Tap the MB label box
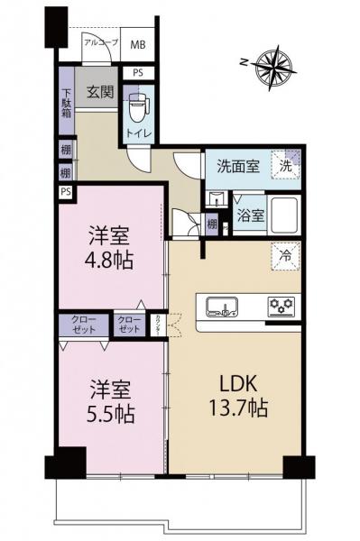137,43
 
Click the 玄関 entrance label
97,91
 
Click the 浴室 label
250,215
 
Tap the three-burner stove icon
282,307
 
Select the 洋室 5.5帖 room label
110,402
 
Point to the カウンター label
159,322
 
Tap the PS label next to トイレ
138,73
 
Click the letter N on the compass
245,62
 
